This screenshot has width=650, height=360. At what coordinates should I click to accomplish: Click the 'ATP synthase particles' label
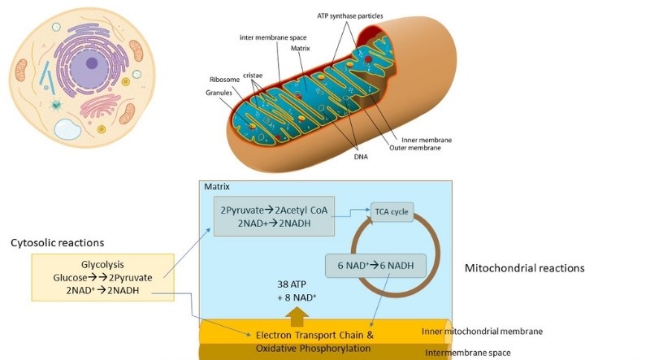pyautogui.click(x=350, y=16)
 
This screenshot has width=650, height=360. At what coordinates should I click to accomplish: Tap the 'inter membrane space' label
pyautogui.click(x=273, y=37)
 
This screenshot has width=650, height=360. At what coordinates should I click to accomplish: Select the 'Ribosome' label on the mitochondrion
pyautogui.click(x=225, y=80)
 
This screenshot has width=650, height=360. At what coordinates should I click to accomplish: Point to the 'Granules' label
pyautogui.click(x=219, y=93)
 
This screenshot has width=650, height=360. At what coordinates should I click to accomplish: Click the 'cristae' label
pyautogui.click(x=253, y=75)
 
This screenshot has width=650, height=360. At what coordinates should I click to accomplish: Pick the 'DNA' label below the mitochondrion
pyautogui.click(x=361, y=157)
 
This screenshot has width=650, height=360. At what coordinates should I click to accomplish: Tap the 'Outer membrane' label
pyautogui.click(x=415, y=148)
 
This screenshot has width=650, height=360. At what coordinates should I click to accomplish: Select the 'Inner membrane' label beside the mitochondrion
pyautogui.click(x=427, y=140)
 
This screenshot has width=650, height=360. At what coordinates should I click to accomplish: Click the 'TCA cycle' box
pyautogui.click(x=392, y=211)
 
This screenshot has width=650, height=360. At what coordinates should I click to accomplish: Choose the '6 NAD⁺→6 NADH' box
pyautogui.click(x=375, y=266)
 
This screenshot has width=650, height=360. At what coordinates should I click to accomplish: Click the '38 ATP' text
pyautogui.click(x=292, y=284)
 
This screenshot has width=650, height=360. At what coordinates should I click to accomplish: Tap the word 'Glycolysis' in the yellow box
pyautogui.click(x=102, y=265)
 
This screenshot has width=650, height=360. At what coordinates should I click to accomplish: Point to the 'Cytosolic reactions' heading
pyautogui.click(x=57, y=243)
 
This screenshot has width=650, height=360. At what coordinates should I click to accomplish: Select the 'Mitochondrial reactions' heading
pyautogui.click(x=524, y=268)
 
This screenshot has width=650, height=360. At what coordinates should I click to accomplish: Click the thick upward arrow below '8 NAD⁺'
pyautogui.click(x=297, y=316)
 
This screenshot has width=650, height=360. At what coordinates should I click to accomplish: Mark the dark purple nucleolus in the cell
pyautogui.click(x=92, y=63)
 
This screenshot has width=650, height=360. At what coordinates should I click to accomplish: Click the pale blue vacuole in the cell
pyautogui.click(x=67, y=129)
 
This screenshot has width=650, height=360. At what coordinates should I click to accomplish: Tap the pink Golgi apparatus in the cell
pyautogui.click(x=100, y=106)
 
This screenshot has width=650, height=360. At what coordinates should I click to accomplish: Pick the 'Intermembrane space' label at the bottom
pyautogui.click(x=468, y=353)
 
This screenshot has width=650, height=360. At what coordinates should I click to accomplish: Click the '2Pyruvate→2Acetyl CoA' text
pyautogui.click(x=274, y=210)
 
